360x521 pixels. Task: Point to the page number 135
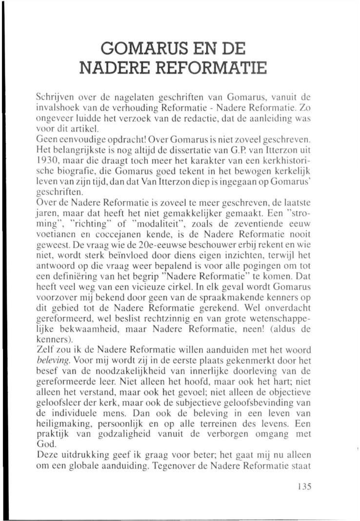[303, 486]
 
